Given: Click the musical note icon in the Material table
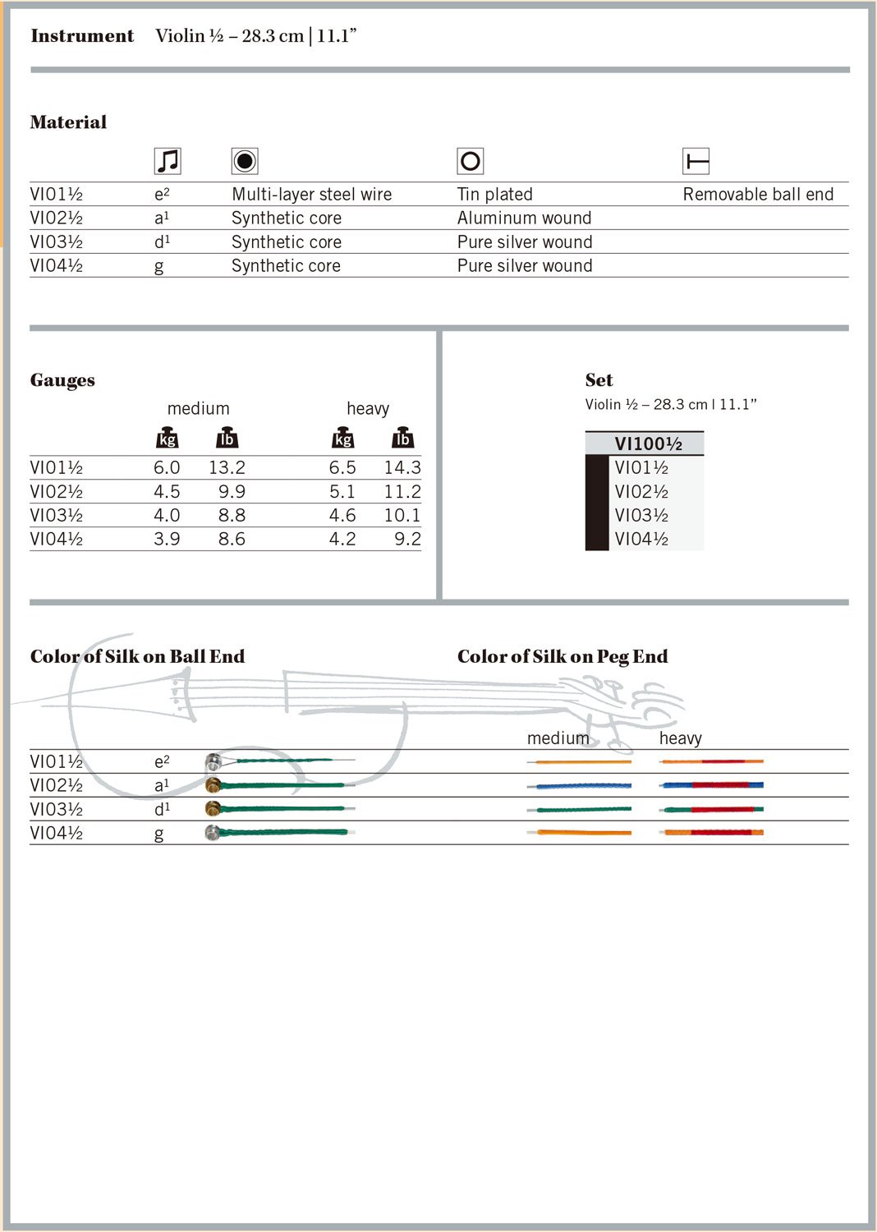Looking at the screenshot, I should coord(168,161).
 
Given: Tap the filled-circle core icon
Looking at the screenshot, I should coord(245,161).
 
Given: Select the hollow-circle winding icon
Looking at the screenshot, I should coord(471,161).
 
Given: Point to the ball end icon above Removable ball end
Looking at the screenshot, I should coord(696,161).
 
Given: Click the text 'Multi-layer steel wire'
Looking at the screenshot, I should coord(311,195).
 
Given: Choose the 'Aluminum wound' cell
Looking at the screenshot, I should coord(524,218).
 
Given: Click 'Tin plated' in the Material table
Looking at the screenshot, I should coord(494,195).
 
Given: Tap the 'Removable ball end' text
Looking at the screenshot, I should coord(757,195).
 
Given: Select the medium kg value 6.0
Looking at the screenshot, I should coord(167,468).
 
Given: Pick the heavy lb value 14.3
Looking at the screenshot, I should coord(402,468).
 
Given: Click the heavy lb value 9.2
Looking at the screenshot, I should coord(407,540).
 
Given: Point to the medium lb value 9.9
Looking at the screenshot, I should coord(232,492).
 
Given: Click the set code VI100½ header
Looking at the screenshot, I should coord(648,444).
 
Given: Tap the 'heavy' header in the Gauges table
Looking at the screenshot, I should coord(368,409).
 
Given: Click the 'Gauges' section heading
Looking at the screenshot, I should coord(62,380).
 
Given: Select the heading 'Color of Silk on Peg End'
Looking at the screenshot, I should coord(562,656).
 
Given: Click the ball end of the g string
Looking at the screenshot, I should coord(213,833).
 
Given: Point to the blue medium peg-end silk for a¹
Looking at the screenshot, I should coord(580,786).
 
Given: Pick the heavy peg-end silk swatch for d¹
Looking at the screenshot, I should coord(711,810).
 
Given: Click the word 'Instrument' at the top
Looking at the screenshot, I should coord(82,36).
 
